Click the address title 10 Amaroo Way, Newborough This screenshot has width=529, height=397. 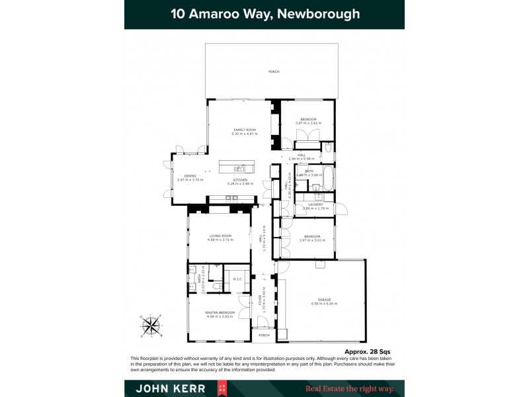pyautogui.click(x=264, y=14)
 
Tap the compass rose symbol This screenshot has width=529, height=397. pyautogui.click(x=151, y=325)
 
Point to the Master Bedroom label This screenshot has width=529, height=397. pyautogui.click(x=220, y=314)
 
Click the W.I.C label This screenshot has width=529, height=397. pyautogui.click(x=237, y=279)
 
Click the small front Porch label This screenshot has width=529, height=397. pyautogui.click(x=263, y=335)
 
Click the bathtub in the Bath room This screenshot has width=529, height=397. pyautogui.click(x=329, y=179)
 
